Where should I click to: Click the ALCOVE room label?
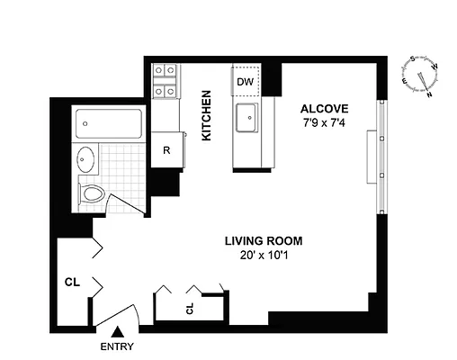[x=318, y=103]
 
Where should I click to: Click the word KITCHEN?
[x=206, y=115]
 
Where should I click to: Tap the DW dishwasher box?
[x=245, y=81]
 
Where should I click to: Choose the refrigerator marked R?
[x=166, y=149]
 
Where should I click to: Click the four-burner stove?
[x=166, y=80]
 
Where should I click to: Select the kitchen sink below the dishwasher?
[x=246, y=118]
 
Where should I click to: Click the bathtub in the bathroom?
[x=109, y=122]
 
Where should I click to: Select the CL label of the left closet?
[x=73, y=283]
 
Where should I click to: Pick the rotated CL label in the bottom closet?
[x=190, y=309]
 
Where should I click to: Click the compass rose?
[x=418, y=76]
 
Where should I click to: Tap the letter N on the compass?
[x=430, y=93]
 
